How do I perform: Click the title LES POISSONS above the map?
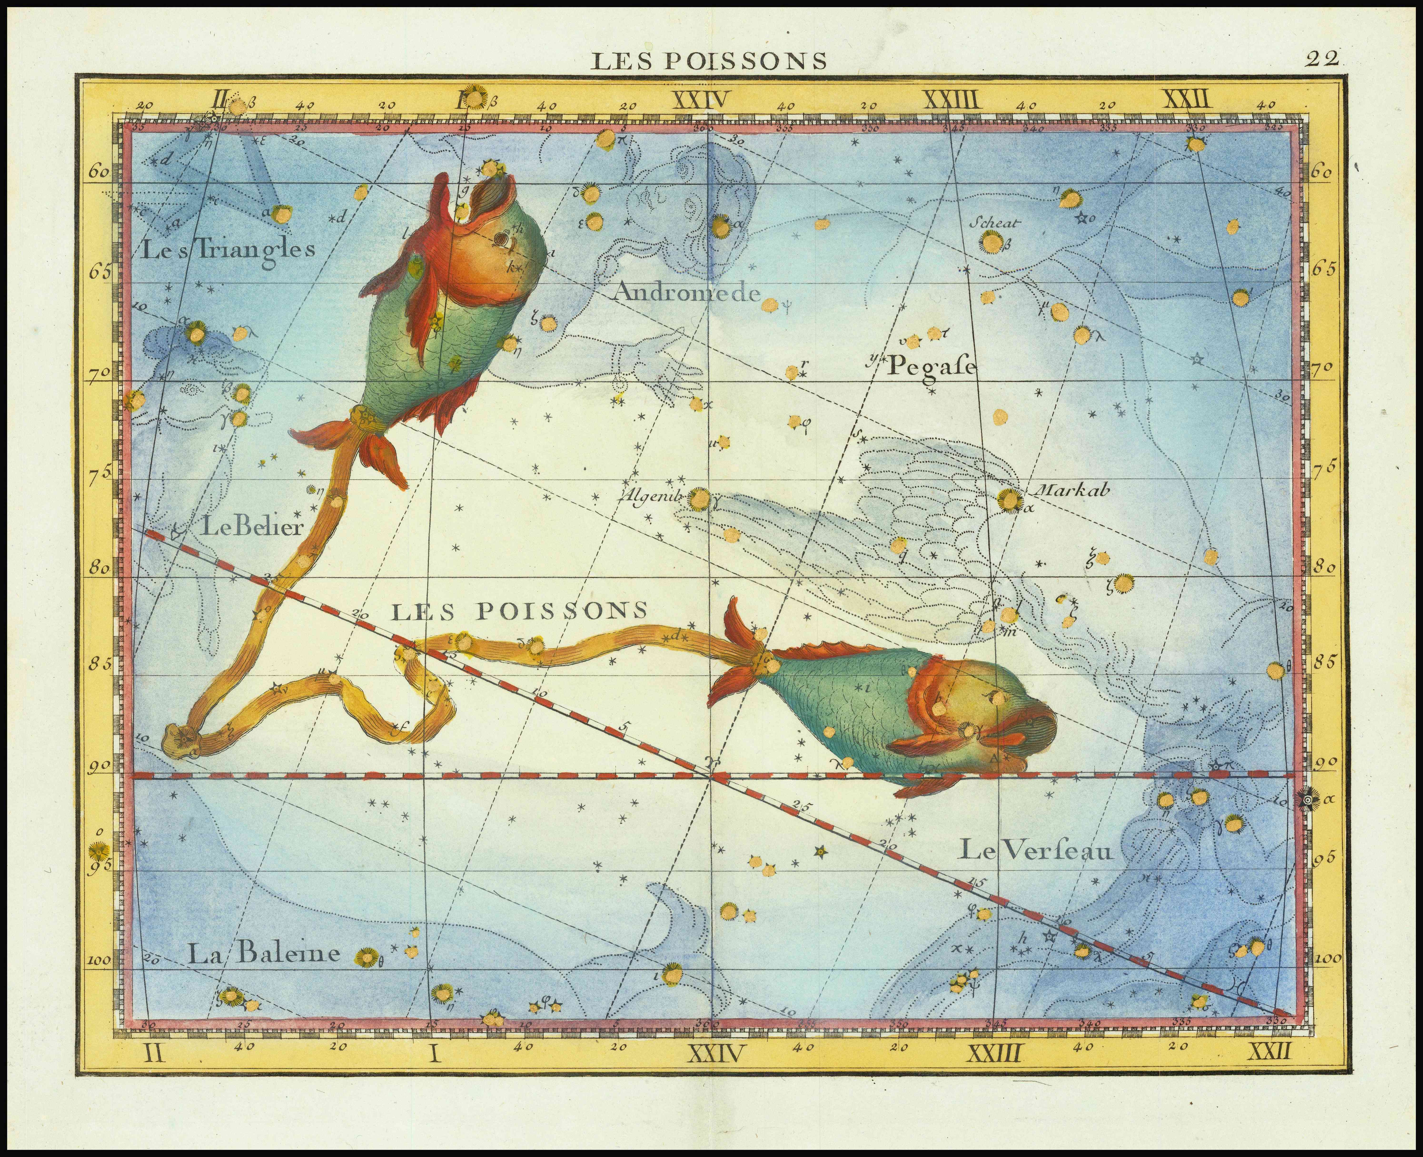coord(710,61)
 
